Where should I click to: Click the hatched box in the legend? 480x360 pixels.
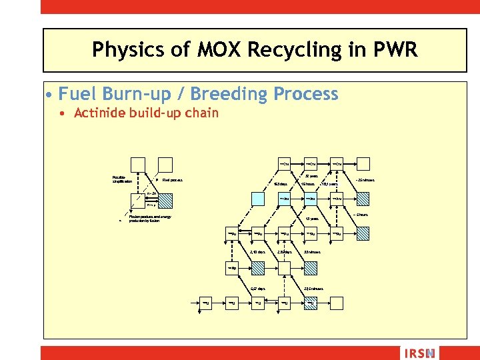tap(165, 200)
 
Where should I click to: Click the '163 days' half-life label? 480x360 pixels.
tap(281, 184)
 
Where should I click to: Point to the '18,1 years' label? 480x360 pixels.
tap(330, 184)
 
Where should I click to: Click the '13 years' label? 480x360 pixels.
tap(312, 218)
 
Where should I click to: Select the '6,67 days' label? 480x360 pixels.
tap(258, 289)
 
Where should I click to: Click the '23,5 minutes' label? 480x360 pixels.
tap(313, 289)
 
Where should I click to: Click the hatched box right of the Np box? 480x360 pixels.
tap(285, 268)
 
